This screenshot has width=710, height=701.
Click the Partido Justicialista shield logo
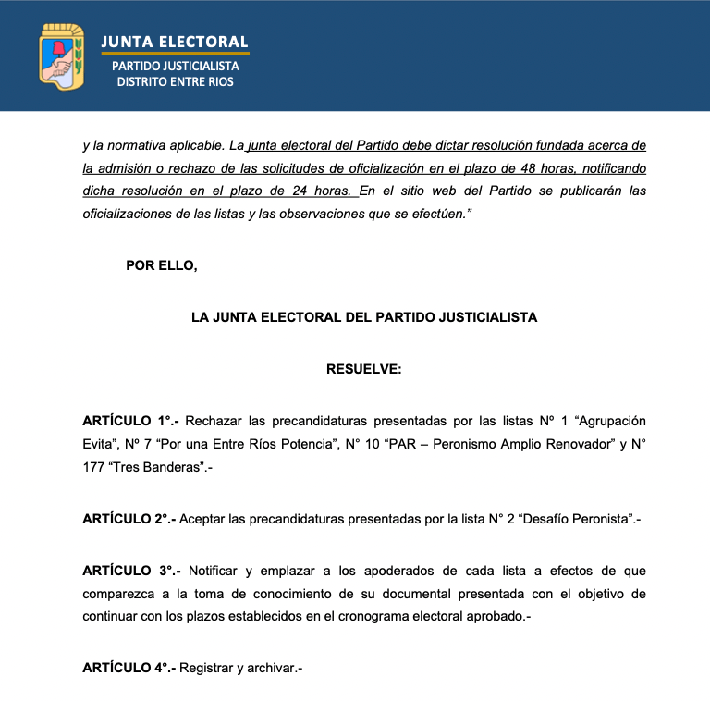point(61,57)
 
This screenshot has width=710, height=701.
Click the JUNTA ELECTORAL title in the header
point(175,42)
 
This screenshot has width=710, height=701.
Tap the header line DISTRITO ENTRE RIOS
point(175,81)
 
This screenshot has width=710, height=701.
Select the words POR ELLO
point(162,265)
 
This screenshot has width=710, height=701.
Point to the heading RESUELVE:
point(363,369)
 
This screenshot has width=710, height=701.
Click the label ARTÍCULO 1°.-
point(130,421)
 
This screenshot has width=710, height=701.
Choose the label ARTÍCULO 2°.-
point(129,519)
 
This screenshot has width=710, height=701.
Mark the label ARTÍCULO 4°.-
point(129,668)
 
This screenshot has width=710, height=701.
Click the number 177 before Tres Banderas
point(93,467)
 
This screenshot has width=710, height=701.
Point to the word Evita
point(97,444)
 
